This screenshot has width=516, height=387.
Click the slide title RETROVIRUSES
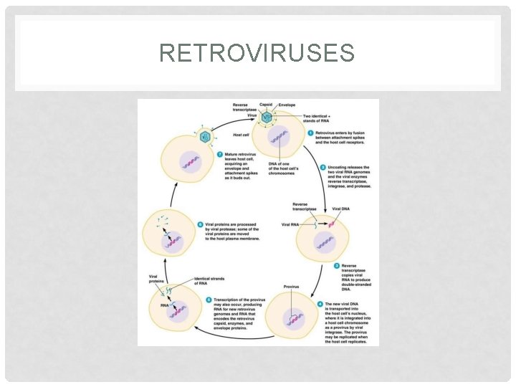(x=257, y=54)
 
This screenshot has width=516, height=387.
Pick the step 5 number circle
(x=208, y=299)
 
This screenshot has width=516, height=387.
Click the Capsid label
(x=265, y=105)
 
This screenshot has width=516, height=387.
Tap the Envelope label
(x=287, y=105)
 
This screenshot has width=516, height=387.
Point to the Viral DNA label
(x=342, y=209)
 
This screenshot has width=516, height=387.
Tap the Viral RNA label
(x=290, y=224)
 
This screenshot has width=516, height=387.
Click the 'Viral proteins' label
(x=156, y=277)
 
